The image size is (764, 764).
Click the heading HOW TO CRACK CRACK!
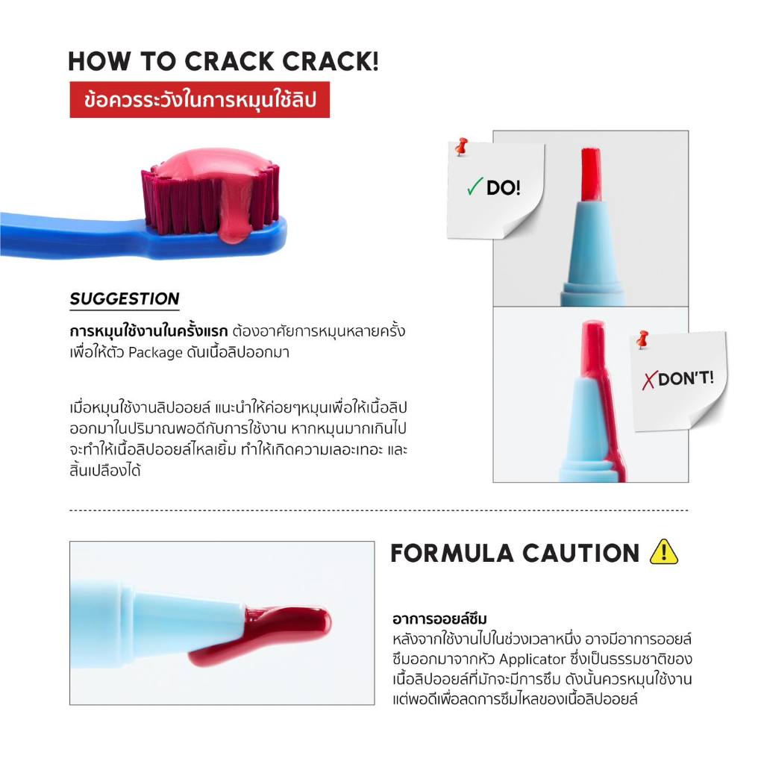pyautogui.click(x=223, y=62)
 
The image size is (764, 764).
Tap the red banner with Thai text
pyautogui.click(x=200, y=100)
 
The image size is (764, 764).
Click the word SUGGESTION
pyautogui.click(x=125, y=298)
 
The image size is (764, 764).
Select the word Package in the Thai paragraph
pyautogui.click(x=155, y=352)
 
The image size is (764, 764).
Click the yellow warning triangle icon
pyautogui.click(x=663, y=553)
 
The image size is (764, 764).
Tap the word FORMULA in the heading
pyautogui.click(x=452, y=554)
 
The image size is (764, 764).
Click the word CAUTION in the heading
pyautogui.click(x=580, y=554)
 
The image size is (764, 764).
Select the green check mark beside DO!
pyautogui.click(x=474, y=186)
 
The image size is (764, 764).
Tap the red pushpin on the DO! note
pyautogui.click(x=461, y=146)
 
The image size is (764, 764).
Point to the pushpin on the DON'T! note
pyautogui.click(x=642, y=339)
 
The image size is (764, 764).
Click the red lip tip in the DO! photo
pyautogui.click(x=591, y=174)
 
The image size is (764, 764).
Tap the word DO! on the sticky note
pyautogui.click(x=504, y=187)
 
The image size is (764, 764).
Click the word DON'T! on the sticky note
pyautogui.click(x=686, y=378)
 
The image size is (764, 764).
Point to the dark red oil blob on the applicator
pyautogui.click(x=273, y=633)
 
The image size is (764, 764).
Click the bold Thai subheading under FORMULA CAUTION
pyautogui.click(x=439, y=619)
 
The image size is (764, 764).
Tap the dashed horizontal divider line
pyautogui.click(x=378, y=510)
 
